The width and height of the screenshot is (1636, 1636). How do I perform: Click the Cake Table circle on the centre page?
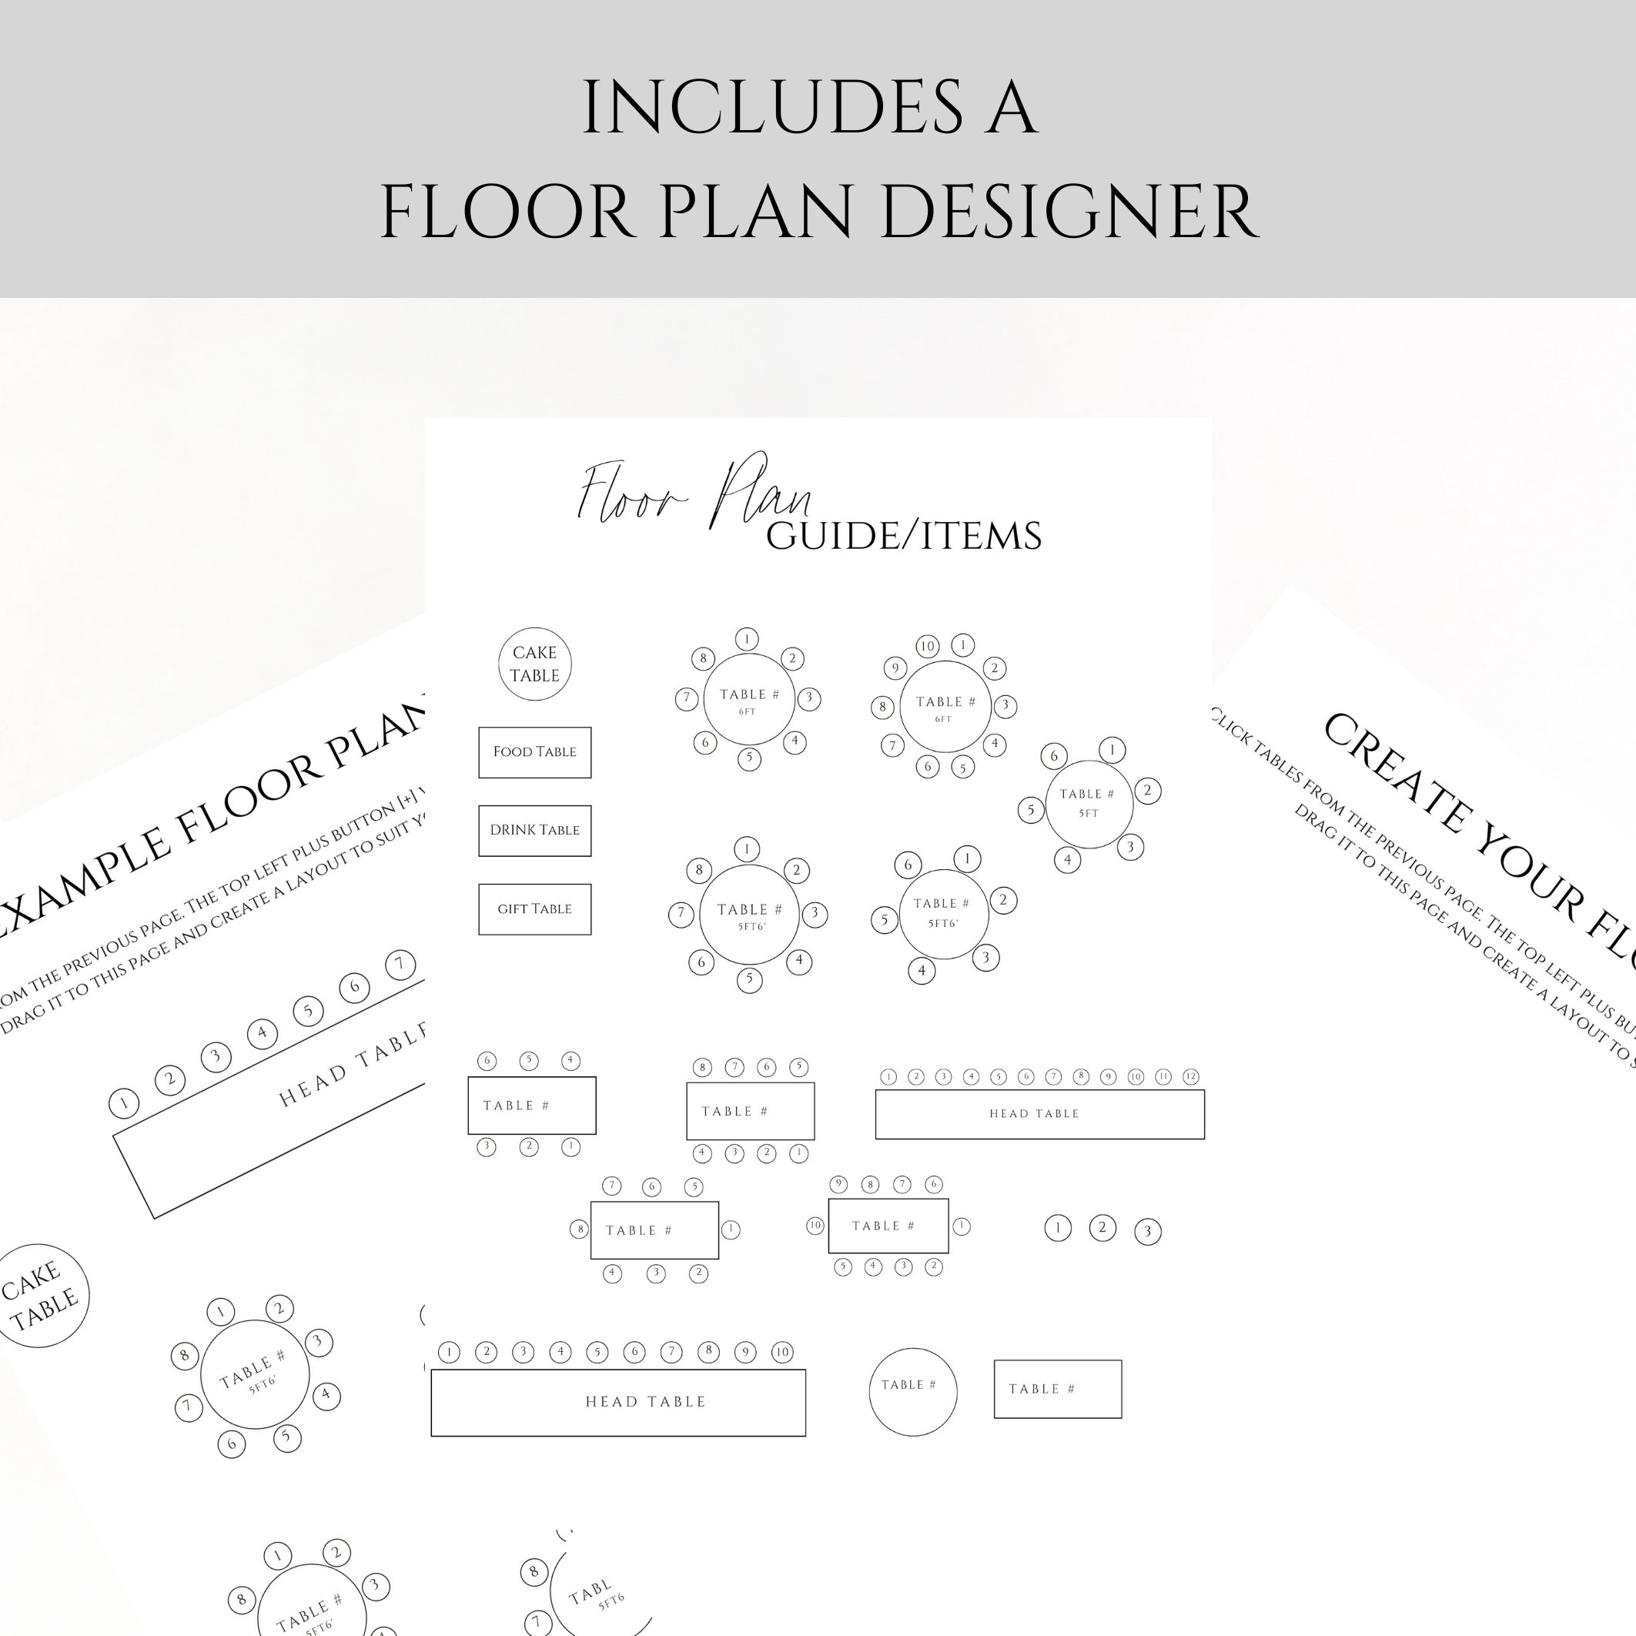534,664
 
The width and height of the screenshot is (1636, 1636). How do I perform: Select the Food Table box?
534,752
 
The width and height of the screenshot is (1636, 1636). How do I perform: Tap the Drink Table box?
534,831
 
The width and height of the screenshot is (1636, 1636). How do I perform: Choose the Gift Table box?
534,909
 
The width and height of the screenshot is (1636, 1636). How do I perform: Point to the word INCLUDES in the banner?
771,109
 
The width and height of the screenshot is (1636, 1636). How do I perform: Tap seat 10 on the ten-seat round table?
927,647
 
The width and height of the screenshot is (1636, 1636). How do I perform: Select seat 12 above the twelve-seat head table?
1190,1077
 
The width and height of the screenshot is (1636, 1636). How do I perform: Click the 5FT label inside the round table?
1088,814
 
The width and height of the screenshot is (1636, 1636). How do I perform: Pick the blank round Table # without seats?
912,1391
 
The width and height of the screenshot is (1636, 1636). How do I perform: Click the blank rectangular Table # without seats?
1057,1390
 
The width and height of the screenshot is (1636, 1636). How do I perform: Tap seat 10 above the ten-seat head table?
782,1353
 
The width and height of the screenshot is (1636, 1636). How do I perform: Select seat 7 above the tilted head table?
400,964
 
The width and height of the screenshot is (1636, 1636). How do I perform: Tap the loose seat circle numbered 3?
1147,1231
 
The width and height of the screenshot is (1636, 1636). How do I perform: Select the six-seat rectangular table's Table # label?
516,1105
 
